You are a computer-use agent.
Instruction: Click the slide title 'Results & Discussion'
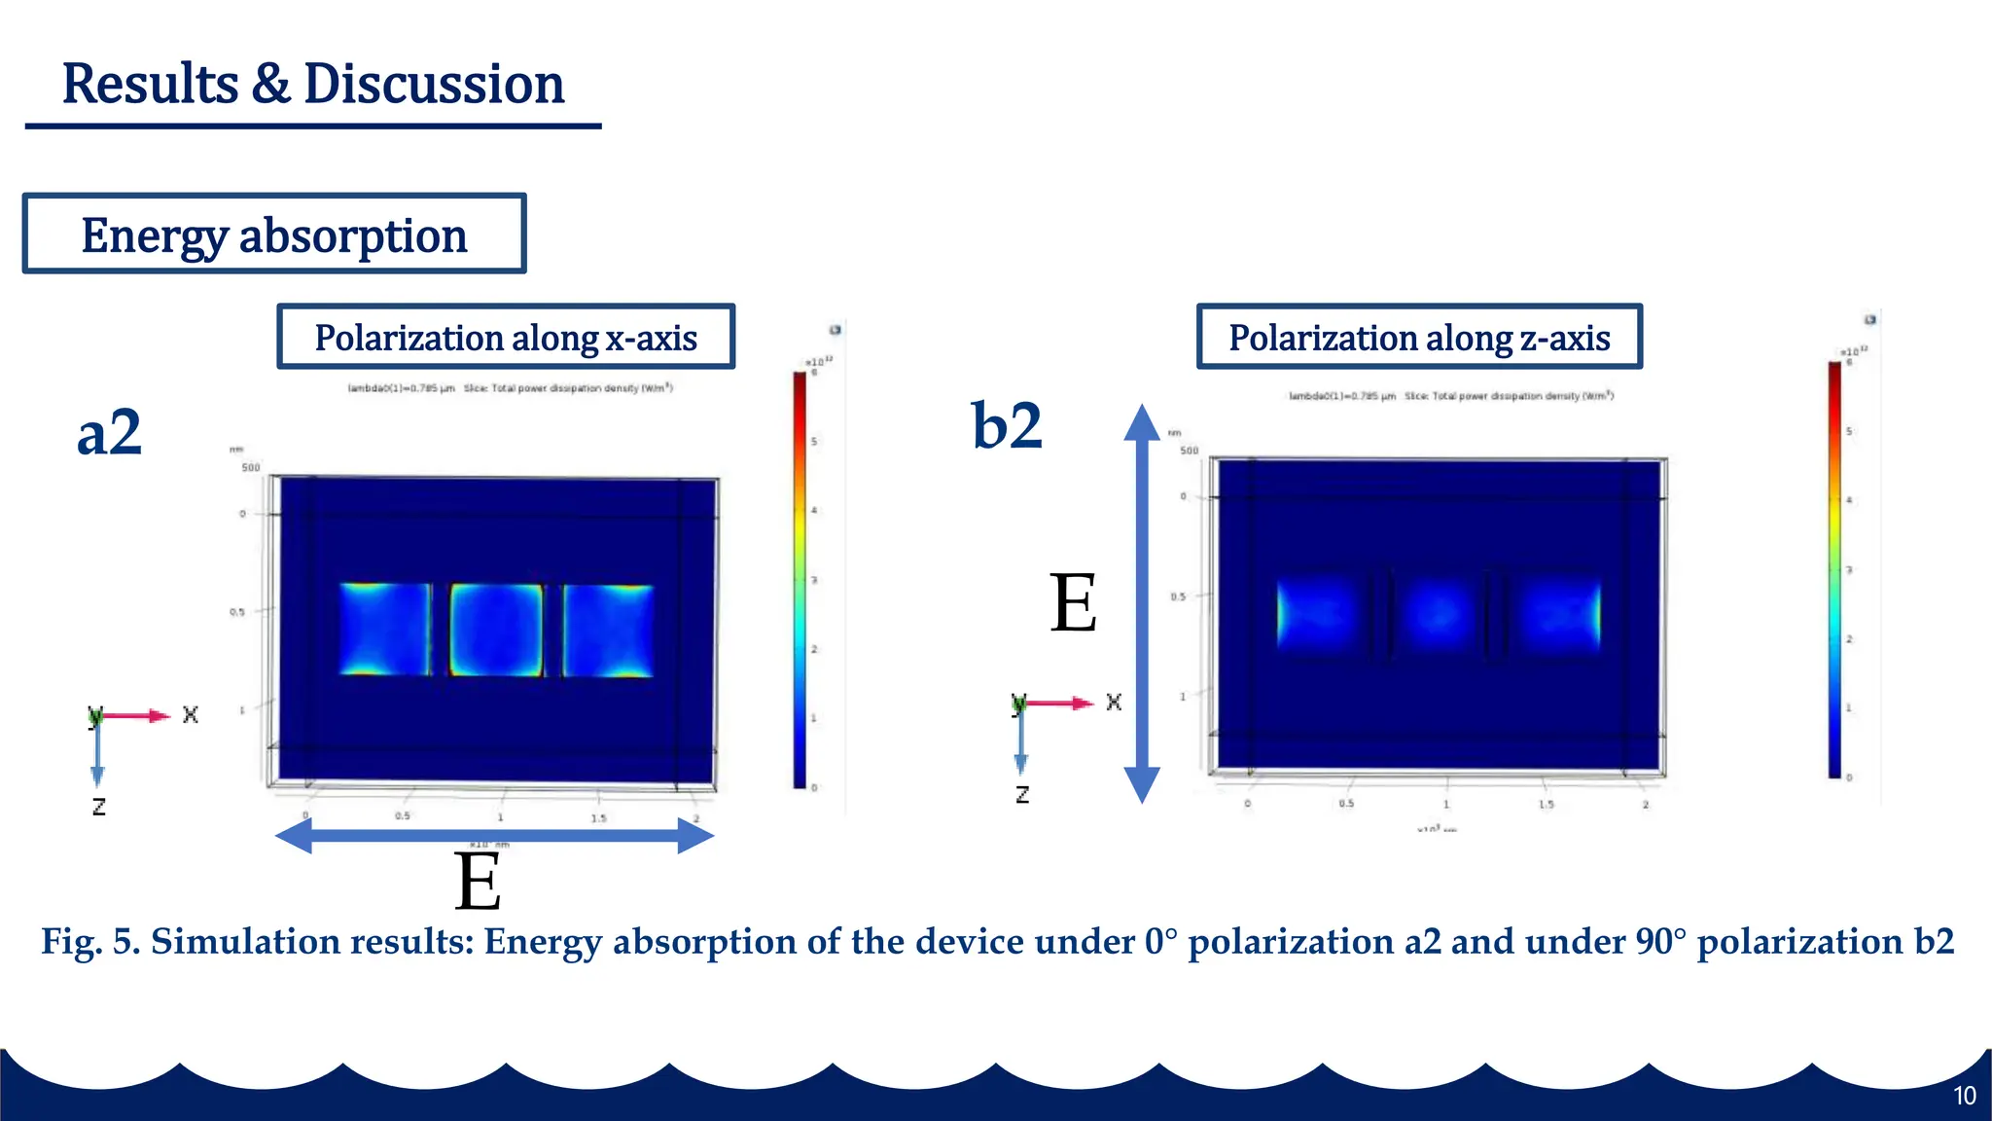(x=312, y=84)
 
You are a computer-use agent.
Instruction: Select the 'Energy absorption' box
(x=274, y=235)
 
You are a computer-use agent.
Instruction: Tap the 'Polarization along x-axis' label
(x=506, y=338)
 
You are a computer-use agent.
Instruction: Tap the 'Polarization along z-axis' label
(x=1419, y=338)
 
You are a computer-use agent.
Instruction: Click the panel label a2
(x=109, y=433)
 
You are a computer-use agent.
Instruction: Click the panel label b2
(x=1007, y=426)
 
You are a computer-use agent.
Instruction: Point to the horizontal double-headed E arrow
(x=495, y=835)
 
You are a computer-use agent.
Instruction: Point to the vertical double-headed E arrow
(x=1142, y=603)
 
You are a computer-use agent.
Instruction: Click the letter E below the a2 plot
(x=478, y=883)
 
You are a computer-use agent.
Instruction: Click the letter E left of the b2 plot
(x=1074, y=604)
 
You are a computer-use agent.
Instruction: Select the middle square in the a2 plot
(x=496, y=630)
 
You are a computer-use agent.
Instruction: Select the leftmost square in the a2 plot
(x=385, y=630)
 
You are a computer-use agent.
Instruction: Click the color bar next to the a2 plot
(x=800, y=580)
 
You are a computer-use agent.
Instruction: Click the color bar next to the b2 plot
(x=1834, y=569)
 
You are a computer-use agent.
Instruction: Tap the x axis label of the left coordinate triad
(x=191, y=715)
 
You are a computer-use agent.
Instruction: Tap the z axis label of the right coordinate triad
(x=1022, y=795)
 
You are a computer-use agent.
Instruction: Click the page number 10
(x=1964, y=1096)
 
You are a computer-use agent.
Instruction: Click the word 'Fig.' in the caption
(x=71, y=942)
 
